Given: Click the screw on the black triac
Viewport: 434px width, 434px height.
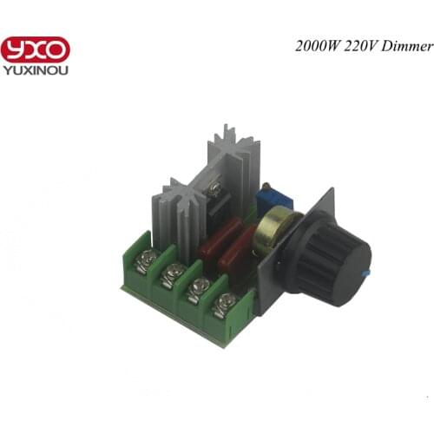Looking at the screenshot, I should coord(213,187).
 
